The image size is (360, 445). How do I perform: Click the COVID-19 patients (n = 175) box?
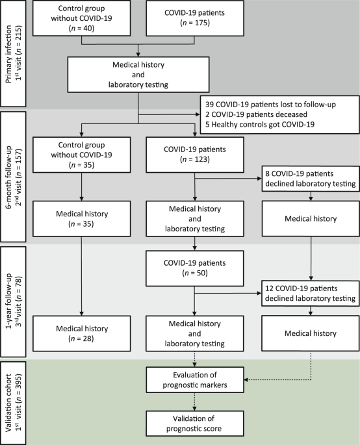[x=195, y=18]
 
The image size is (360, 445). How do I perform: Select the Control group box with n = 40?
[x=81, y=18]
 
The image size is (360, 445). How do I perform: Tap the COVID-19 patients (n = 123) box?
[x=195, y=155]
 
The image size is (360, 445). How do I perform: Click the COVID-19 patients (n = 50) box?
[x=194, y=268]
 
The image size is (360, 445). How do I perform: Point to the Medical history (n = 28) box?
[x=81, y=333]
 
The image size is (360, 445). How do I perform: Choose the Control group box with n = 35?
[x=81, y=155]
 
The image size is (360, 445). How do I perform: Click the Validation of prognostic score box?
[x=195, y=424]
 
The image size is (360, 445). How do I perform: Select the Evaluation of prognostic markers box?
[x=195, y=380]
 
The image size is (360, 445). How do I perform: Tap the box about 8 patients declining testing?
[x=311, y=179]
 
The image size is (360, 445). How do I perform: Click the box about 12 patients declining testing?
[x=311, y=294]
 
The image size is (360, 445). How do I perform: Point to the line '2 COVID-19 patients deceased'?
[x=257, y=114]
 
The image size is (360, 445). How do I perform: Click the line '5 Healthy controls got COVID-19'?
[x=260, y=124]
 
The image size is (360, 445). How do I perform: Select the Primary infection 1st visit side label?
[x=13, y=53]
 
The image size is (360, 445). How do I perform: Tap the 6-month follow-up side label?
[x=13, y=177]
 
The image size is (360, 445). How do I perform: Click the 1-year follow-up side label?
[x=13, y=301]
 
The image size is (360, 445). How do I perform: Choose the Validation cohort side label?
[x=13, y=403]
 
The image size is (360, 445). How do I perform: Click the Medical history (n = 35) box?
[x=81, y=218]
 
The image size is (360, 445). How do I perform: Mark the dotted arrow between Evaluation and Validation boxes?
[x=194, y=401]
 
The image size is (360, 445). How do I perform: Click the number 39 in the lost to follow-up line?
[x=209, y=105]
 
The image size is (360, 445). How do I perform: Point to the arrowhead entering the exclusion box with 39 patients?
[x=198, y=114]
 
